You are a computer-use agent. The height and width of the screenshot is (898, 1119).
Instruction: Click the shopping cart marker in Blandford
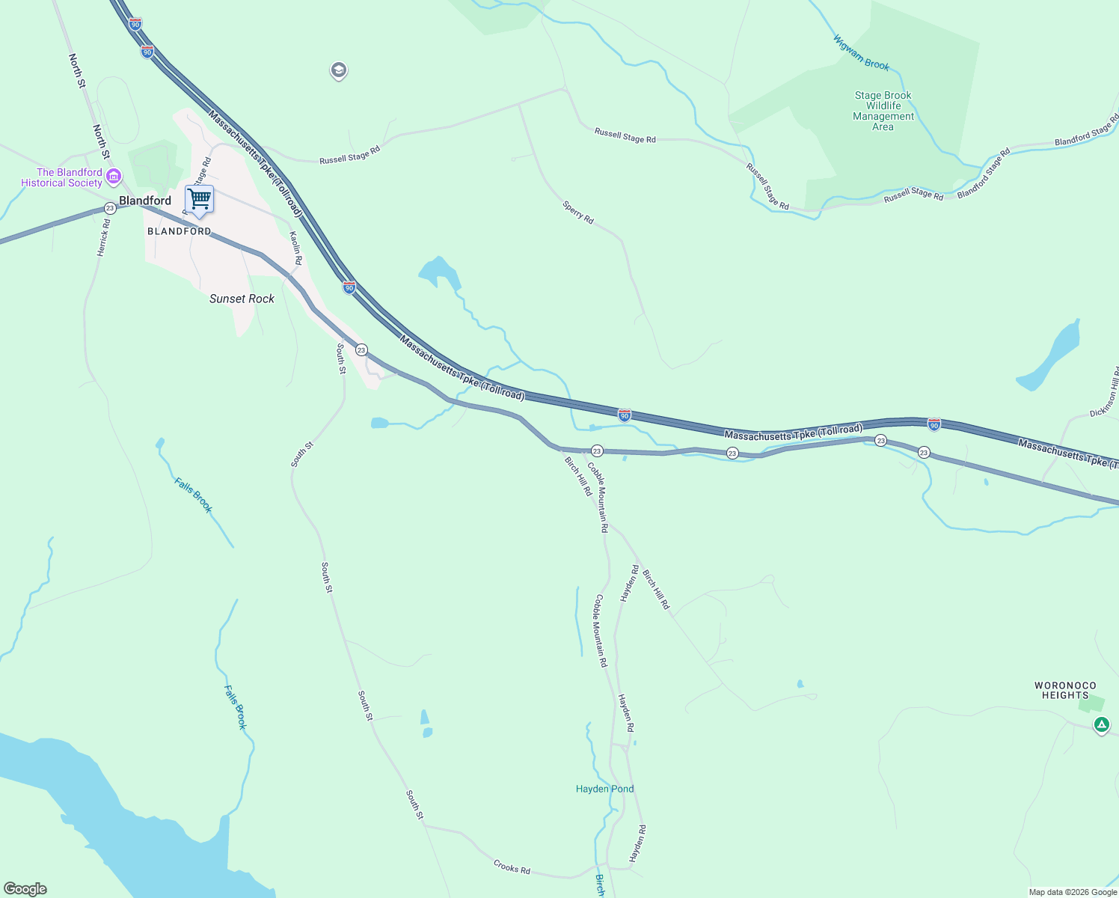(199, 200)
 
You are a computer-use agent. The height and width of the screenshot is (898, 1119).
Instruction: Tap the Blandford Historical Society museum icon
(114, 177)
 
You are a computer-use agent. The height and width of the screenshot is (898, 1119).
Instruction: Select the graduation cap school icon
(338, 70)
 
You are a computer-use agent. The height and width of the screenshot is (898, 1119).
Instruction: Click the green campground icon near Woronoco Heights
(1101, 724)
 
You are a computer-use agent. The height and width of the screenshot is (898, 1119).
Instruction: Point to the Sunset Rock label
(242, 299)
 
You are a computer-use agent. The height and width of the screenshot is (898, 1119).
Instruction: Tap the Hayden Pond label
(604, 789)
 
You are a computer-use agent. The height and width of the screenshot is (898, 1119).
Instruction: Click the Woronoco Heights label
(1065, 690)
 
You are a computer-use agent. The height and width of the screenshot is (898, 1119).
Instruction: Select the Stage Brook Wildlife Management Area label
(883, 111)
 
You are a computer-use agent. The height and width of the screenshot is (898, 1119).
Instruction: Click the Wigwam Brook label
(862, 52)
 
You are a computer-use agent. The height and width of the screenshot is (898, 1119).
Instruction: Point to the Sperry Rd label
(578, 212)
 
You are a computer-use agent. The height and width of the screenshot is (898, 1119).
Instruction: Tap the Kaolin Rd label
(295, 248)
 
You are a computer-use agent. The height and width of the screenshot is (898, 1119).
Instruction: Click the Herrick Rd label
(104, 237)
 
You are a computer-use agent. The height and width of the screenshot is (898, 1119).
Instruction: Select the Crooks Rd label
(512, 867)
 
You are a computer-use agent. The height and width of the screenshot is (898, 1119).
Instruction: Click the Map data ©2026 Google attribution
(1073, 892)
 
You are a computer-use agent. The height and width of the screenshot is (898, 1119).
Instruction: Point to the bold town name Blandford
(145, 201)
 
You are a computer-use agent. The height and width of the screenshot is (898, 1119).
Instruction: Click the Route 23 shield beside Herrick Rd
(110, 208)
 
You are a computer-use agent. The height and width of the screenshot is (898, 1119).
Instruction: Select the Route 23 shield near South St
(361, 349)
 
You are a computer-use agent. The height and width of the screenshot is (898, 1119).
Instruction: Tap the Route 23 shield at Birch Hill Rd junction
(597, 450)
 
